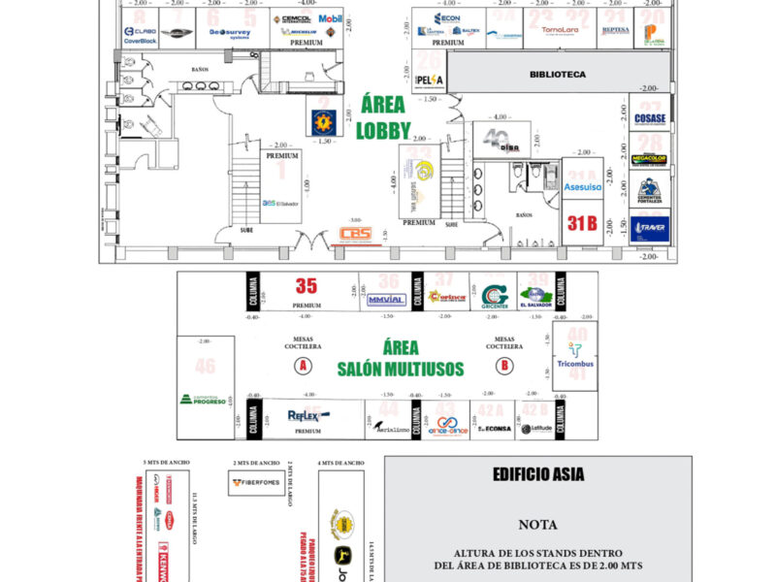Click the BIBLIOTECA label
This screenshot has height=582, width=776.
point(557,75)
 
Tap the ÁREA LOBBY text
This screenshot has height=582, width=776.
point(383,118)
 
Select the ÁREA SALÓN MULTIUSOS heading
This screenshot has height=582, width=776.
point(400,358)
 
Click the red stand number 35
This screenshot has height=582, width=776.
point(307,286)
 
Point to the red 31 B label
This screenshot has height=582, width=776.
point(582,223)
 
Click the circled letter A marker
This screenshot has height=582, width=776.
point(304,365)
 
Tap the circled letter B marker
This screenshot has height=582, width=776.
point(504,365)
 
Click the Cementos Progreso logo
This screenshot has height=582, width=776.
point(203,400)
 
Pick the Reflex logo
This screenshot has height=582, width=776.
point(308,415)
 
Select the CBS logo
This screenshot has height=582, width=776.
point(356,234)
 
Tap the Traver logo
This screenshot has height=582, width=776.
point(649,229)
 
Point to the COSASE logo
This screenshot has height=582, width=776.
point(649,119)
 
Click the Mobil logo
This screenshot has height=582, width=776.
point(331,18)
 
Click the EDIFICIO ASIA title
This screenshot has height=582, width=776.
point(537,477)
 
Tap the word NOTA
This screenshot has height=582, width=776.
point(537,525)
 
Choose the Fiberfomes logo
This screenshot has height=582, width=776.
point(257,481)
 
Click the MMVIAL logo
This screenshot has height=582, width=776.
point(386,300)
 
